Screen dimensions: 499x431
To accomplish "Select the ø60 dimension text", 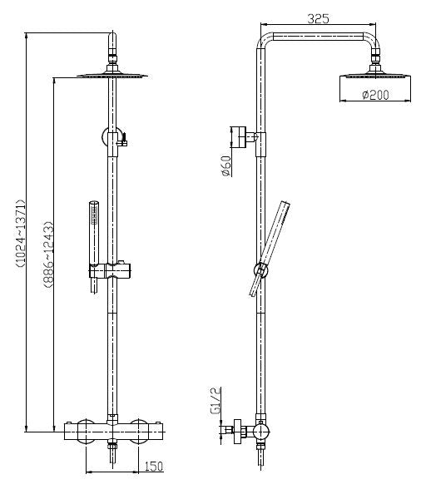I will [x=226, y=167].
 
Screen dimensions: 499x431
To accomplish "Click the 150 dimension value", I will [x=152, y=467].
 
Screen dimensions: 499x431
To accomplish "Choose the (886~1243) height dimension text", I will [x=47, y=254].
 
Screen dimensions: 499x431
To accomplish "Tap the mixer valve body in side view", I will [x=260, y=432].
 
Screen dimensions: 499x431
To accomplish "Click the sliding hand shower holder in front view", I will [x=111, y=270].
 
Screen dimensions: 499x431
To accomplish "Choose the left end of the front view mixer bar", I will [x=70, y=432].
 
